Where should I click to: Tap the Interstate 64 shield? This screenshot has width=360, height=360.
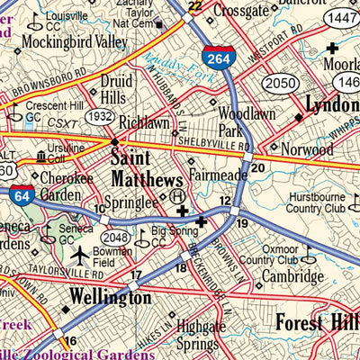[x=24, y=193]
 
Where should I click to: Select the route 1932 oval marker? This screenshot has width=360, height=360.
[x=101, y=118]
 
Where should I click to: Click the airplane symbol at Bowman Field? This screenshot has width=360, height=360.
[x=79, y=255]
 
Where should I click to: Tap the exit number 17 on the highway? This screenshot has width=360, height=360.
[x=136, y=275]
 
